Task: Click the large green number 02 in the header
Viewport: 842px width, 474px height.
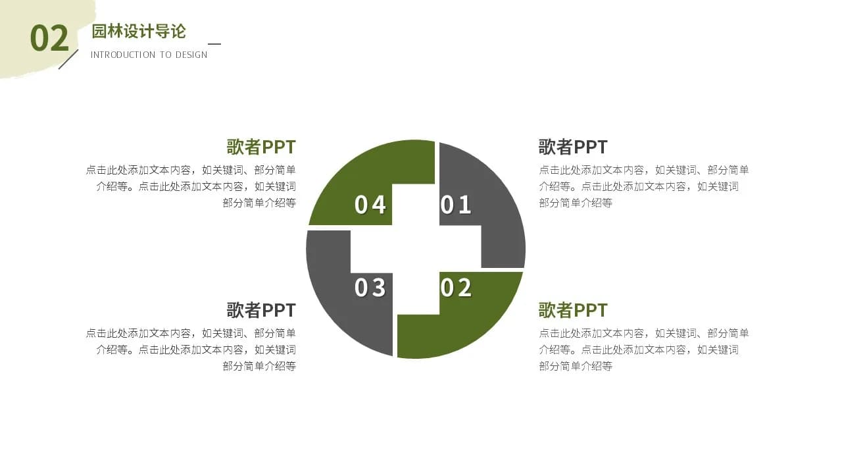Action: click(x=49, y=38)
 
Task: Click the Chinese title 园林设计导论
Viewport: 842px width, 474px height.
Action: click(x=139, y=31)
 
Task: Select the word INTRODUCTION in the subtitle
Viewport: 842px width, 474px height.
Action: click(x=123, y=55)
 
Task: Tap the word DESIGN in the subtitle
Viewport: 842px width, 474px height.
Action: click(x=191, y=55)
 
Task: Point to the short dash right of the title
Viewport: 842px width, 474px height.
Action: click(x=214, y=44)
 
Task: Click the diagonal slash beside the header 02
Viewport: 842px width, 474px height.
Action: click(x=68, y=59)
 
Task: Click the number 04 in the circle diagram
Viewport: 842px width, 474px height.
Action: click(x=370, y=205)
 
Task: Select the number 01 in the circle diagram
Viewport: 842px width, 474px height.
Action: click(x=455, y=205)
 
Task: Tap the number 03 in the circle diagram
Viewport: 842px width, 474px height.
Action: click(x=370, y=288)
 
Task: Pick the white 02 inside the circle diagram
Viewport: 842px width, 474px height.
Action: click(x=456, y=288)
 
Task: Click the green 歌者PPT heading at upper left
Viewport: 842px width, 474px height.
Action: click(x=261, y=147)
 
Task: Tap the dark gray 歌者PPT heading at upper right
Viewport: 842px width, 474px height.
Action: click(x=573, y=147)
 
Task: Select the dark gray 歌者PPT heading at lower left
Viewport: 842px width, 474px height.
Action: click(x=261, y=310)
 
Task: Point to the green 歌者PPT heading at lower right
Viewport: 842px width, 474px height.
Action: click(x=573, y=310)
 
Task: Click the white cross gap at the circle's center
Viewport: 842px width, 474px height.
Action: click(x=416, y=249)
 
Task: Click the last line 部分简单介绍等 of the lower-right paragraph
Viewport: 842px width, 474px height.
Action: click(x=576, y=366)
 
